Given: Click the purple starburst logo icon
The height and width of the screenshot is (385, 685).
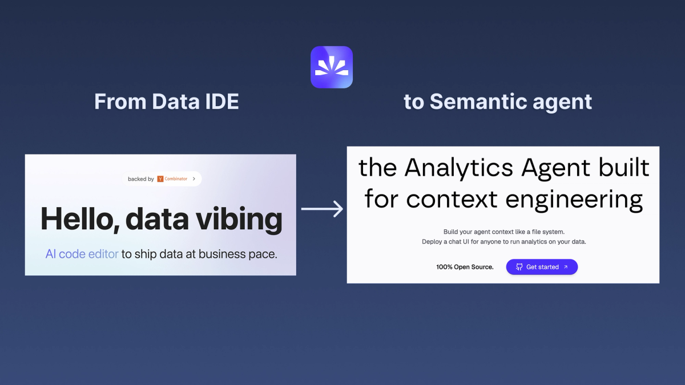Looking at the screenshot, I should [x=332, y=67].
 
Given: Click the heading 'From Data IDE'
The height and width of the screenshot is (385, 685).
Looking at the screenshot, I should [x=166, y=102].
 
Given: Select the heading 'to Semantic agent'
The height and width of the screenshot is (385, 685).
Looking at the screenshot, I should [x=498, y=102].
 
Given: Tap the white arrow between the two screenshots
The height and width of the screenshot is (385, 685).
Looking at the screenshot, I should [x=322, y=209].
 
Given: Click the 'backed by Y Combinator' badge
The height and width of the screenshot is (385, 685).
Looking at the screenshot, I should [x=162, y=179].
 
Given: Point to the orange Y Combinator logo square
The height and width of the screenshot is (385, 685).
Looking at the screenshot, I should [x=160, y=179].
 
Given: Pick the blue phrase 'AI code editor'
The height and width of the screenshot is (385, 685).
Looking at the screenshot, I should [x=82, y=254].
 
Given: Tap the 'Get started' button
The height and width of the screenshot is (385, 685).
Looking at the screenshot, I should [x=542, y=267].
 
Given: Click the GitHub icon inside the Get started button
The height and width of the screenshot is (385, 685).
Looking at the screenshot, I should [x=519, y=267].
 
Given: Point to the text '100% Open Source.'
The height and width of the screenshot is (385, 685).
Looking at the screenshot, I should [x=465, y=267].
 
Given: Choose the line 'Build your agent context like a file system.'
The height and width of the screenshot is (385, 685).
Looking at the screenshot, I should [x=503, y=232].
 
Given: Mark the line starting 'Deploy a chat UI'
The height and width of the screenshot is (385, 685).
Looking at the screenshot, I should [x=503, y=242].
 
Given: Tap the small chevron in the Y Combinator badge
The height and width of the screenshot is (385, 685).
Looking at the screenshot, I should [x=194, y=179].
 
